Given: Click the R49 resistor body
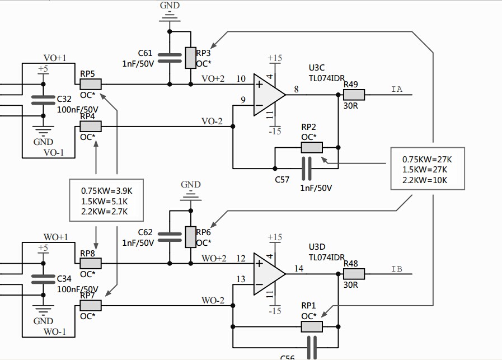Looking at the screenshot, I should point(354,95).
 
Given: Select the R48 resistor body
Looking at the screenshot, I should point(354,274).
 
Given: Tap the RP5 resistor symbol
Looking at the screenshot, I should point(90,84).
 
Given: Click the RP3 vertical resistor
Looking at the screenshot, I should point(191,58).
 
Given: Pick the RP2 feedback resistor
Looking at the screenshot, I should point(312,148).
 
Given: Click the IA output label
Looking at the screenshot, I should point(397,89).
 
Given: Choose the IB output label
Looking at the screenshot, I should point(397,269).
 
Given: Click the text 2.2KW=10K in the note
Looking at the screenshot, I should point(425,180).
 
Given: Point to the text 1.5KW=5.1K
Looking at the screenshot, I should point(105,201).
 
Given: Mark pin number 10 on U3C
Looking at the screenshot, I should point(241,78).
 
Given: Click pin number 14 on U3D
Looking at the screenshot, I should point(299,268).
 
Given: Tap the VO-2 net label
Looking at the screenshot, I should point(212,121).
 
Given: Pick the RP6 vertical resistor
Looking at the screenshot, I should point(191,237).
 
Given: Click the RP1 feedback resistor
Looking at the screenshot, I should point(312,327).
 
